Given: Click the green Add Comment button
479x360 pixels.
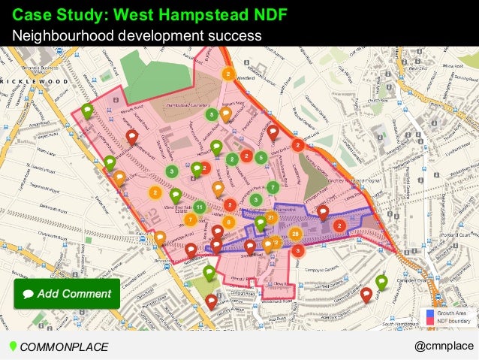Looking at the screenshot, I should tap(66, 294).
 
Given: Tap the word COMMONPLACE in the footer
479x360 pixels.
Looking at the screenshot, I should tap(64, 346).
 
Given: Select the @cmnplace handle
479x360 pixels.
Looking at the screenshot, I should tap(444, 346).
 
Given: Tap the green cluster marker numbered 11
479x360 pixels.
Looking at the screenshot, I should tap(199, 206).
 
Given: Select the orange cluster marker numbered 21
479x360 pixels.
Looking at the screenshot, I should tap(270, 217).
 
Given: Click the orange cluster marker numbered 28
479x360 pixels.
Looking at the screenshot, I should tap(295, 233).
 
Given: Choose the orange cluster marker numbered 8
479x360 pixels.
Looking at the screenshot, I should tap(227, 222).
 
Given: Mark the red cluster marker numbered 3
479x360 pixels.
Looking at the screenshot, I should tap(297, 250).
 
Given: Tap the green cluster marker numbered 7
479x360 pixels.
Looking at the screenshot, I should tap(273, 186).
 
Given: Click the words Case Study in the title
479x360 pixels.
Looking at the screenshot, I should tap(54, 14).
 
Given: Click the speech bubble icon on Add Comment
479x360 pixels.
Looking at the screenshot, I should tap(29, 294).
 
